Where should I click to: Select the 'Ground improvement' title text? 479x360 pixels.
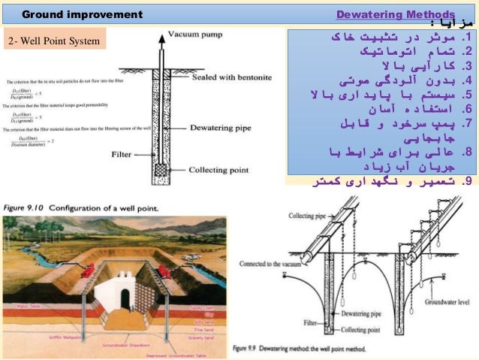(82, 14)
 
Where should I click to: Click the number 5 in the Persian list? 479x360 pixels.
(467, 95)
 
